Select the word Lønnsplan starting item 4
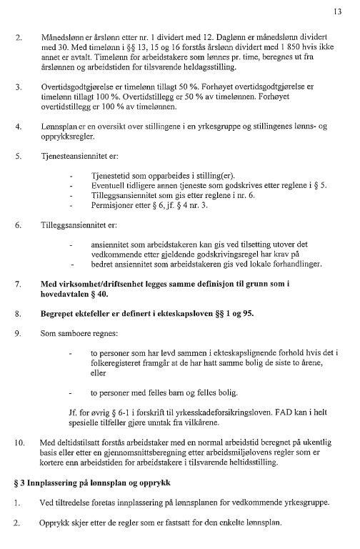[59, 127]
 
